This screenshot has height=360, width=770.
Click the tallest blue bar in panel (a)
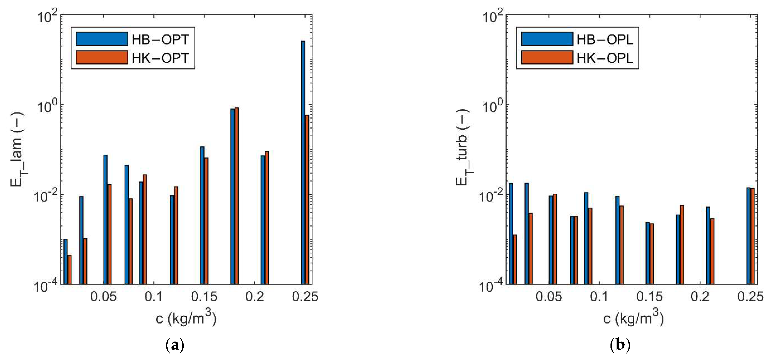[x=303, y=161]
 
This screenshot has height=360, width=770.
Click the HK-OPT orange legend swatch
[x=102, y=57]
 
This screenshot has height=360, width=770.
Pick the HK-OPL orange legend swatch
[x=547, y=57]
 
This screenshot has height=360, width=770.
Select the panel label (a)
[x=175, y=345]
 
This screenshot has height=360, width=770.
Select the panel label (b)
[x=620, y=345]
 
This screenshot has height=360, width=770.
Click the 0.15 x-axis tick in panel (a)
[x=204, y=297]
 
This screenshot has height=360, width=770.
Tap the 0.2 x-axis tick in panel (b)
[x=700, y=297]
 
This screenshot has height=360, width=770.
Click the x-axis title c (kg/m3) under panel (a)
[x=186, y=319]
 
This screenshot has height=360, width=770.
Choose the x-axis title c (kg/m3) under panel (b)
[x=633, y=319]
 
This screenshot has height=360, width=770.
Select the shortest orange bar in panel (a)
[x=69, y=269]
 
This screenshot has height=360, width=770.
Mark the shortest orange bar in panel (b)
[x=515, y=259]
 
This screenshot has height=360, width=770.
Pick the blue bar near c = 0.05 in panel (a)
[x=105, y=220]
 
